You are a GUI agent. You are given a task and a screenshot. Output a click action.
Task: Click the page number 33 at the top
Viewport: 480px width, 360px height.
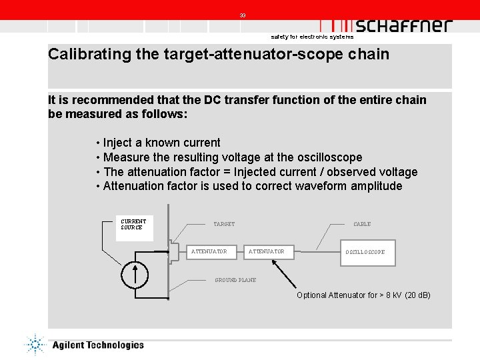click(x=243, y=15)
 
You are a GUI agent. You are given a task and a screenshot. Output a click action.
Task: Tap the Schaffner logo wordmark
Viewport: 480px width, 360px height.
click(x=403, y=25)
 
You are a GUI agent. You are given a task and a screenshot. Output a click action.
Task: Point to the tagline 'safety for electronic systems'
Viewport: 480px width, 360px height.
click(x=307, y=37)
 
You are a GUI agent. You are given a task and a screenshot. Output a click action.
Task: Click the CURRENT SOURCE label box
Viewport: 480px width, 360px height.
click(x=132, y=224)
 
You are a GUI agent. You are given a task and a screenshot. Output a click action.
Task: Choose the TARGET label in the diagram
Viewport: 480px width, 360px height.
click(x=224, y=224)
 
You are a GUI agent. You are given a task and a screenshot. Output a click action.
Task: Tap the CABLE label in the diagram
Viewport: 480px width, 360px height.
click(x=362, y=224)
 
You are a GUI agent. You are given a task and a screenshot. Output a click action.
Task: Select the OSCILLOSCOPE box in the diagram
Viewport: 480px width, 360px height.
click(x=365, y=252)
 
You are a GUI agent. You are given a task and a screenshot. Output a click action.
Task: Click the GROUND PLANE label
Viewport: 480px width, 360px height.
click(x=235, y=280)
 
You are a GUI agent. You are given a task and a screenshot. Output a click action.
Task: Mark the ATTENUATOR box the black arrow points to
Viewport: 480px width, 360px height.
click(x=267, y=252)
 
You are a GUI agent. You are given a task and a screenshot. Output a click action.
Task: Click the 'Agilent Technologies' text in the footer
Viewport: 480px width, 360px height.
click(x=97, y=345)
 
